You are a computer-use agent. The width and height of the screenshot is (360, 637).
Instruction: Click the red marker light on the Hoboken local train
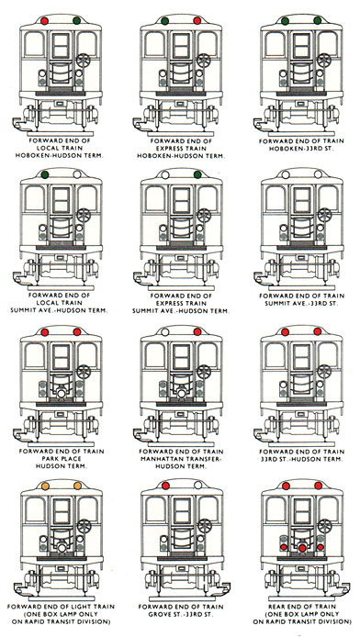point(45,21)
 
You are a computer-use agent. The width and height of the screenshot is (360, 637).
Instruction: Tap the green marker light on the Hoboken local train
point(77,20)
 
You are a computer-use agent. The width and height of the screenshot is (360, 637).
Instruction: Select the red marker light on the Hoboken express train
point(197,21)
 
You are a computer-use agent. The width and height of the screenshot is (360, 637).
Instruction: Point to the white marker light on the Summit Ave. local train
point(77,174)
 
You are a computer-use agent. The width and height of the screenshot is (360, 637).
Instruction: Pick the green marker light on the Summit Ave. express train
point(197,174)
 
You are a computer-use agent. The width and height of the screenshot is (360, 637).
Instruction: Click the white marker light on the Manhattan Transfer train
point(165,332)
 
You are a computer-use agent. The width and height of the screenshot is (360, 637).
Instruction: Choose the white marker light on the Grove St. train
point(197,485)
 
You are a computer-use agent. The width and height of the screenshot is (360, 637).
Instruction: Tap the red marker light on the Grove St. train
point(165,485)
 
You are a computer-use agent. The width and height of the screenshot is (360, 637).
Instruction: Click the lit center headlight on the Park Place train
point(62,393)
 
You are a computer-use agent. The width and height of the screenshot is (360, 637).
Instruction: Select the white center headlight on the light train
point(62,548)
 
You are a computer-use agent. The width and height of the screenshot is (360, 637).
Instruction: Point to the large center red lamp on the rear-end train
point(302,548)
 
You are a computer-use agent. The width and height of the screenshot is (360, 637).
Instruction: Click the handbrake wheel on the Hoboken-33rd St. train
point(324,61)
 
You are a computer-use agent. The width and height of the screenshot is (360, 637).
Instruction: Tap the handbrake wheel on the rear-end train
point(324,526)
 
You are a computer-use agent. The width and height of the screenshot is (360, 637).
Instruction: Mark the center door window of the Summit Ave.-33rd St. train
point(302,200)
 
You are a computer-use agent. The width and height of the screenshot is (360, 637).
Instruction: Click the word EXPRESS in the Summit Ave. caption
point(181,303)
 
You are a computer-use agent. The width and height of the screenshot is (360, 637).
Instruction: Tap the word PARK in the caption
point(51,459)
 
